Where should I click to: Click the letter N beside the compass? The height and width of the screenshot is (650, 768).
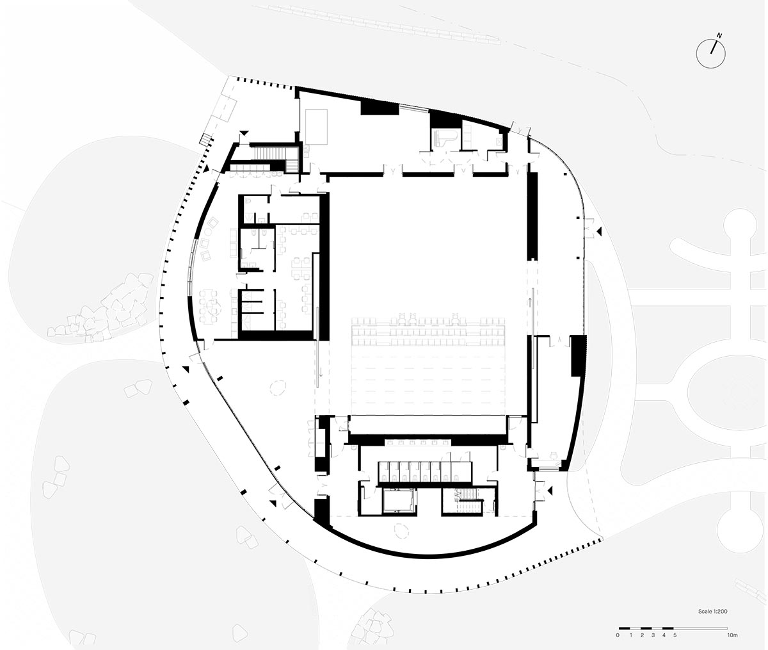pos(719,35)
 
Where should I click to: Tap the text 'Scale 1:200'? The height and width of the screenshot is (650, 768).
pos(712,612)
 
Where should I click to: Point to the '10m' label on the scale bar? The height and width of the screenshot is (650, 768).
pos(732,635)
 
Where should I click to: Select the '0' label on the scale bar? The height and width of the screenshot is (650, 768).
pos(618,635)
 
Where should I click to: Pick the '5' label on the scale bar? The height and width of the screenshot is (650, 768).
pos(675,635)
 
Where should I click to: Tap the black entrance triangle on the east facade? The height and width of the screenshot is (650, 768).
pos(600,231)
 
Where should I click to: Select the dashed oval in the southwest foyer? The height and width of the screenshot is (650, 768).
pos(278,387)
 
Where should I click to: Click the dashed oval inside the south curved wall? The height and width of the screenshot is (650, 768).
pos(401,530)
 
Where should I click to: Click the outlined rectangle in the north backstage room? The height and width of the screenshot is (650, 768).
pos(316,126)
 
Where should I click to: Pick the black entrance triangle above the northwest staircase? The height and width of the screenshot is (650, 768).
pos(243,133)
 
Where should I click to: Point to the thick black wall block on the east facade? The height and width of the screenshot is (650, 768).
pos(578,355)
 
